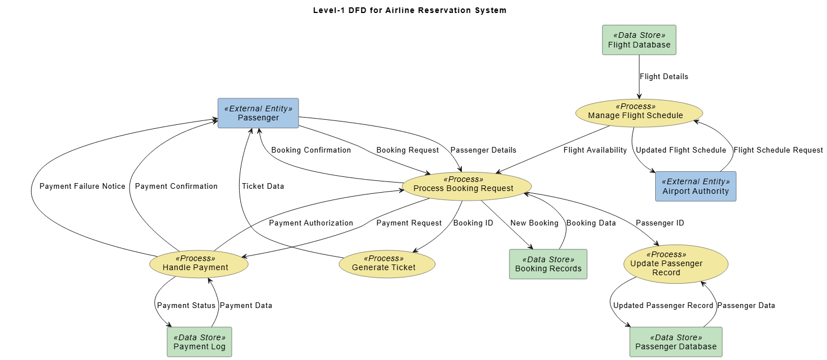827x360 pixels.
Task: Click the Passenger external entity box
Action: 258,113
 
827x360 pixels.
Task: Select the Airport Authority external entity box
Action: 696,186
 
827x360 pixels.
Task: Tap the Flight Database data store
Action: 639,40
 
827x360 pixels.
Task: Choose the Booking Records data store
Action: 548,264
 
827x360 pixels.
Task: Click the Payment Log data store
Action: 199,342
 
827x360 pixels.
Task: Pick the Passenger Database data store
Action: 676,342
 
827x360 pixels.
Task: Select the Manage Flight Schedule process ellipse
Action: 635,111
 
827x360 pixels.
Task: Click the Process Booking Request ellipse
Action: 466,184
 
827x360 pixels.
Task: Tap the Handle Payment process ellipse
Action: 198,263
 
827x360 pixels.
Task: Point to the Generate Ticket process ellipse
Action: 387,263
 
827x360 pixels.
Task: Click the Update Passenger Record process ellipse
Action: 676,264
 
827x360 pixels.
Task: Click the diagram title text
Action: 409,10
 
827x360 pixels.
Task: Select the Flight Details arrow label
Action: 664,76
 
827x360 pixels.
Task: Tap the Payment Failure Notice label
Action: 83,186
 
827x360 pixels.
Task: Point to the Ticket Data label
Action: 263,186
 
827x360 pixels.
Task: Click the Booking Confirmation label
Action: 311,150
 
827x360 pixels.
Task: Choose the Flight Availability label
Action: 595,150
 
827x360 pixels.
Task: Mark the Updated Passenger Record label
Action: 663,305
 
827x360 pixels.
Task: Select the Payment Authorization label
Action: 311,223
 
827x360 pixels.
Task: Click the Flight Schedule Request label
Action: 778,150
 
